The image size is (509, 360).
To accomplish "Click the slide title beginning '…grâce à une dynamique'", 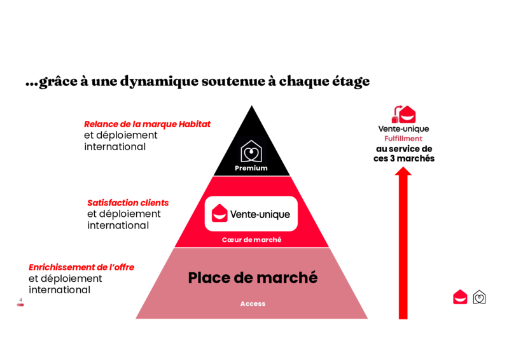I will click(x=197, y=82).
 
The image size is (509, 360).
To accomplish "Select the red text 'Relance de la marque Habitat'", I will click(x=147, y=124).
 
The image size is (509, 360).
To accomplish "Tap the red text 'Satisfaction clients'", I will click(x=128, y=203).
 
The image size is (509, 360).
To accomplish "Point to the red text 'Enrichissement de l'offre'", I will click(x=81, y=267).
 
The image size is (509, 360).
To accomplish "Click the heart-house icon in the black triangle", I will click(x=251, y=151).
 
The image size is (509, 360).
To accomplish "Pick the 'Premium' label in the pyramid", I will click(x=251, y=169).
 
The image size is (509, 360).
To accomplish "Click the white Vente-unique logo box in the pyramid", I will click(x=251, y=214).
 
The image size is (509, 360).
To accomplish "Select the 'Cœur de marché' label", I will click(x=251, y=240).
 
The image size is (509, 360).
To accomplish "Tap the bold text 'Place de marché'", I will click(x=253, y=278).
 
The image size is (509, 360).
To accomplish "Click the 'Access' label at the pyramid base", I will click(x=253, y=304).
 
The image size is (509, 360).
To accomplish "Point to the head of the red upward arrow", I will click(x=403, y=172).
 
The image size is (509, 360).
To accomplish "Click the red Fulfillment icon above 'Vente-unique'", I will click(x=404, y=114).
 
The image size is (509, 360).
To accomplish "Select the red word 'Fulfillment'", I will click(x=403, y=139).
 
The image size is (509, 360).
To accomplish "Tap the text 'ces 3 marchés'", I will click(x=404, y=158).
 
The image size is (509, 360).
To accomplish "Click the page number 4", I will click(x=21, y=300).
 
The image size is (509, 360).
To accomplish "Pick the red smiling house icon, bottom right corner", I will click(x=460, y=297).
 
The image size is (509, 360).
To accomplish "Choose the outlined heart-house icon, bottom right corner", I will click(x=479, y=297).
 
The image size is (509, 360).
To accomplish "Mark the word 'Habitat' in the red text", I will click(x=193, y=124).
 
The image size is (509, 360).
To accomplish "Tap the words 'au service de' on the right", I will click(x=404, y=149).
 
